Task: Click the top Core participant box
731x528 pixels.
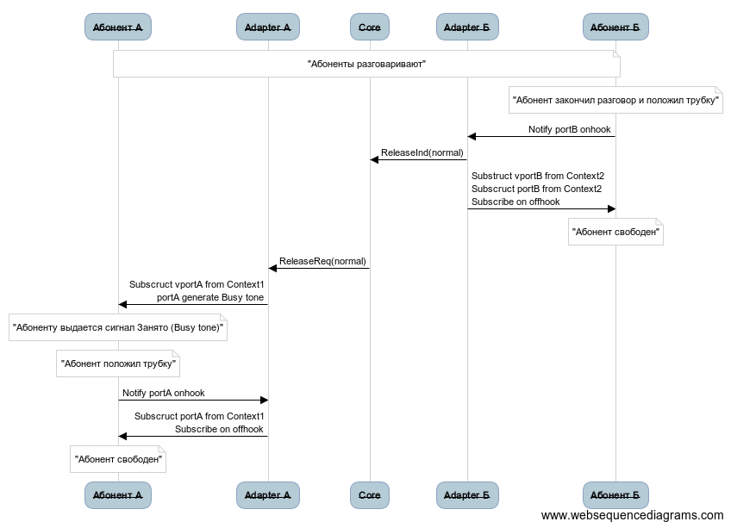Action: pyautogui.click(x=370, y=28)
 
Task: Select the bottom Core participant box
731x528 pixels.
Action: pyautogui.click(x=370, y=495)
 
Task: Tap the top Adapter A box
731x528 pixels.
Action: pyautogui.click(x=268, y=28)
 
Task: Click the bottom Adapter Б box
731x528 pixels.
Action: pyautogui.click(x=467, y=495)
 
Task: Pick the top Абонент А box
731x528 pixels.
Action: pyautogui.click(x=118, y=28)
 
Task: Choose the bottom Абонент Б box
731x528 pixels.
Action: pyautogui.click(x=615, y=495)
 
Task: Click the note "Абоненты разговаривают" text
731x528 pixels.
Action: pyautogui.click(x=366, y=65)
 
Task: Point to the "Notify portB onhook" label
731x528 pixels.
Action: pyautogui.click(x=570, y=130)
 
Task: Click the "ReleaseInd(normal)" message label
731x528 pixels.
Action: pyautogui.click(x=423, y=153)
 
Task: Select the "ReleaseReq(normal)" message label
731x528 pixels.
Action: pyautogui.click(x=322, y=261)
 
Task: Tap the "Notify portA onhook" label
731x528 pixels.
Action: pyautogui.click(x=164, y=393)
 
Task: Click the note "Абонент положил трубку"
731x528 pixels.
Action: pyautogui.click(x=118, y=364)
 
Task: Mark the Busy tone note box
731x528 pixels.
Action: pyautogui.click(x=118, y=328)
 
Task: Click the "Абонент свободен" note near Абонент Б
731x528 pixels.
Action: pyautogui.click(x=615, y=233)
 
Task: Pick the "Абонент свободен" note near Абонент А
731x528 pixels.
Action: pyautogui.click(x=118, y=460)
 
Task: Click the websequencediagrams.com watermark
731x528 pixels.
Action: pyautogui.click(x=632, y=516)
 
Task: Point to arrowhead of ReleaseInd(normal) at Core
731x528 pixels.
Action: pyautogui.click(x=374, y=159)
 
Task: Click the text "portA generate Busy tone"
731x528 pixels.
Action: pyautogui.click(x=210, y=297)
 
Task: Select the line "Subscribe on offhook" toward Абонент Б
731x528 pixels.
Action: pyautogui.click(x=515, y=202)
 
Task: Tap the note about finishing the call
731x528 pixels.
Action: pyautogui.click(x=615, y=101)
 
